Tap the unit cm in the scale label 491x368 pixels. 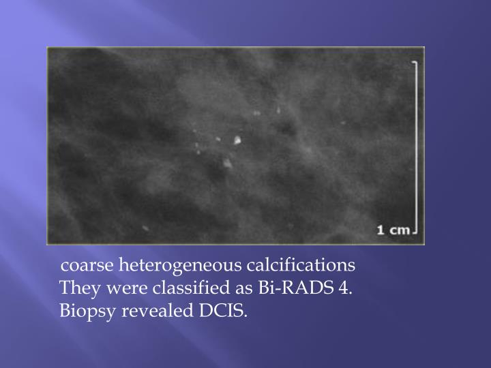pyautogui.click(x=400, y=230)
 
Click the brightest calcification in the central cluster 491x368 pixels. pyautogui.click(x=237, y=140)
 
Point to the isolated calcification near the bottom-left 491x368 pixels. pyautogui.click(x=145, y=228)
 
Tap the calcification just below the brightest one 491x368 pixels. pyautogui.click(x=226, y=162)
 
